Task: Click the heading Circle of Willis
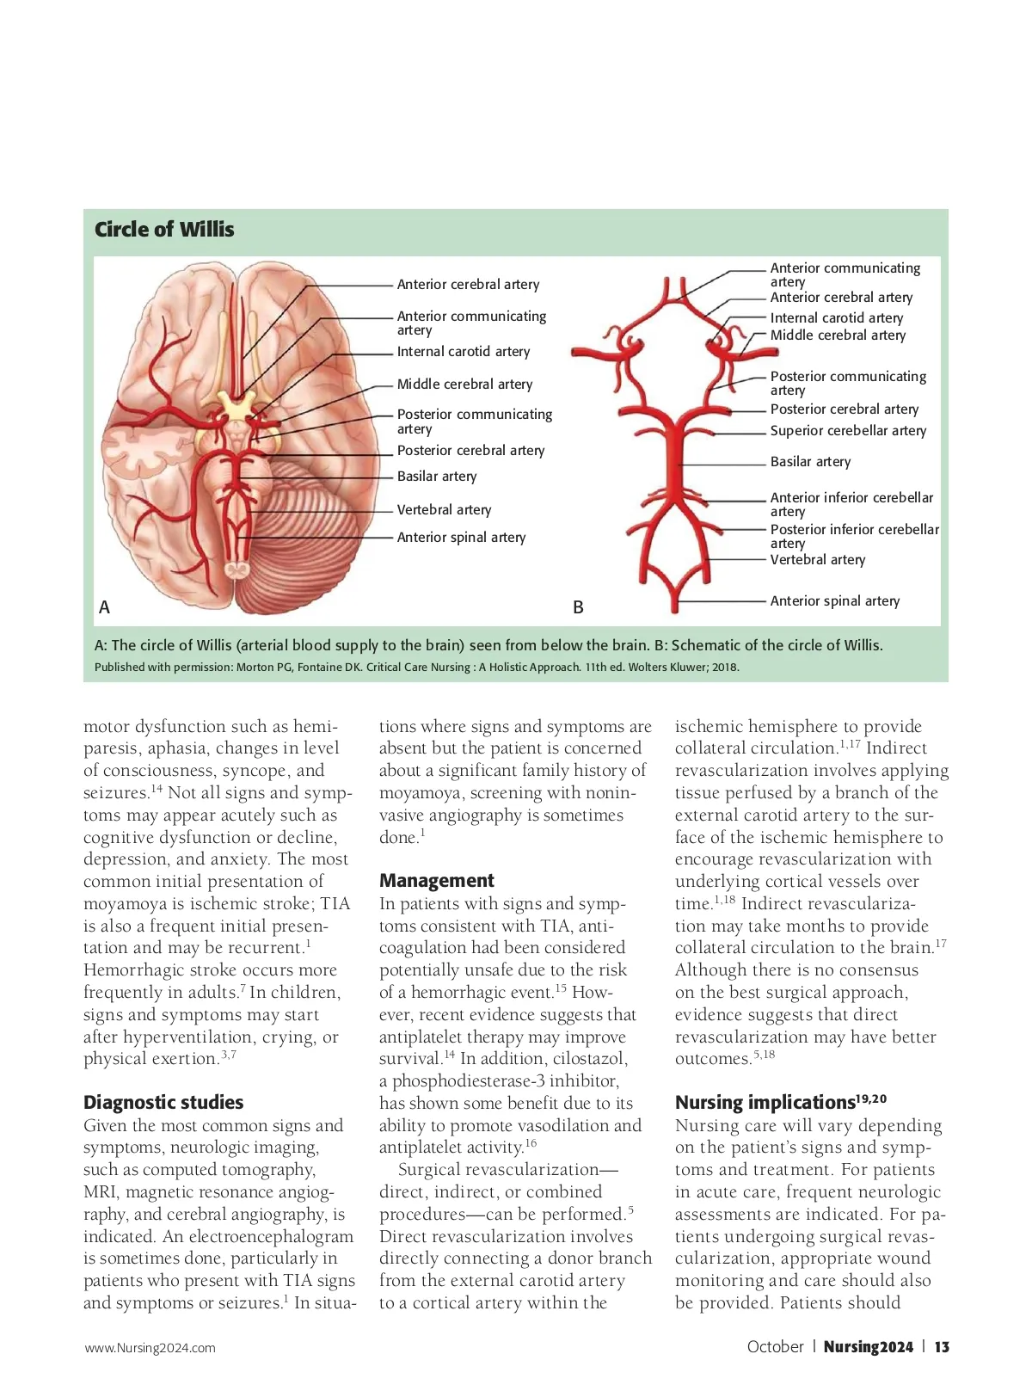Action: [x=164, y=230]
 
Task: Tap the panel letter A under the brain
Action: [x=104, y=607]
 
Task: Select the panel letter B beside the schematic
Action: [x=578, y=607]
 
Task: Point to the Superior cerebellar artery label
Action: [x=848, y=431]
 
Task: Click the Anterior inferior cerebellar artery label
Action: [x=851, y=504]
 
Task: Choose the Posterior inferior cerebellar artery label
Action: [x=854, y=536]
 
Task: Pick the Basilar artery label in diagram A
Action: [x=436, y=477]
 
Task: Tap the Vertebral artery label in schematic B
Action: [x=817, y=560]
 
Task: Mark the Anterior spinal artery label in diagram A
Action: [x=461, y=538]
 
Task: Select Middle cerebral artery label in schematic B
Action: [x=838, y=335]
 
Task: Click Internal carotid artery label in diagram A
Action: [x=463, y=352]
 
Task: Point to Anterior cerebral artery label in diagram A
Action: [x=468, y=285]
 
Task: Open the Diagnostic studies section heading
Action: [x=163, y=1103]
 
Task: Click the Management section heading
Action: [x=437, y=881]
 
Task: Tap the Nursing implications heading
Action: [x=765, y=1103]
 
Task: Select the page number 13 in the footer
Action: [x=942, y=1347]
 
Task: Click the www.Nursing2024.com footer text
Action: [x=150, y=1348]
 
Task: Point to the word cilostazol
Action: [x=589, y=1059]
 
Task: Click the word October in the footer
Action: [x=775, y=1347]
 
